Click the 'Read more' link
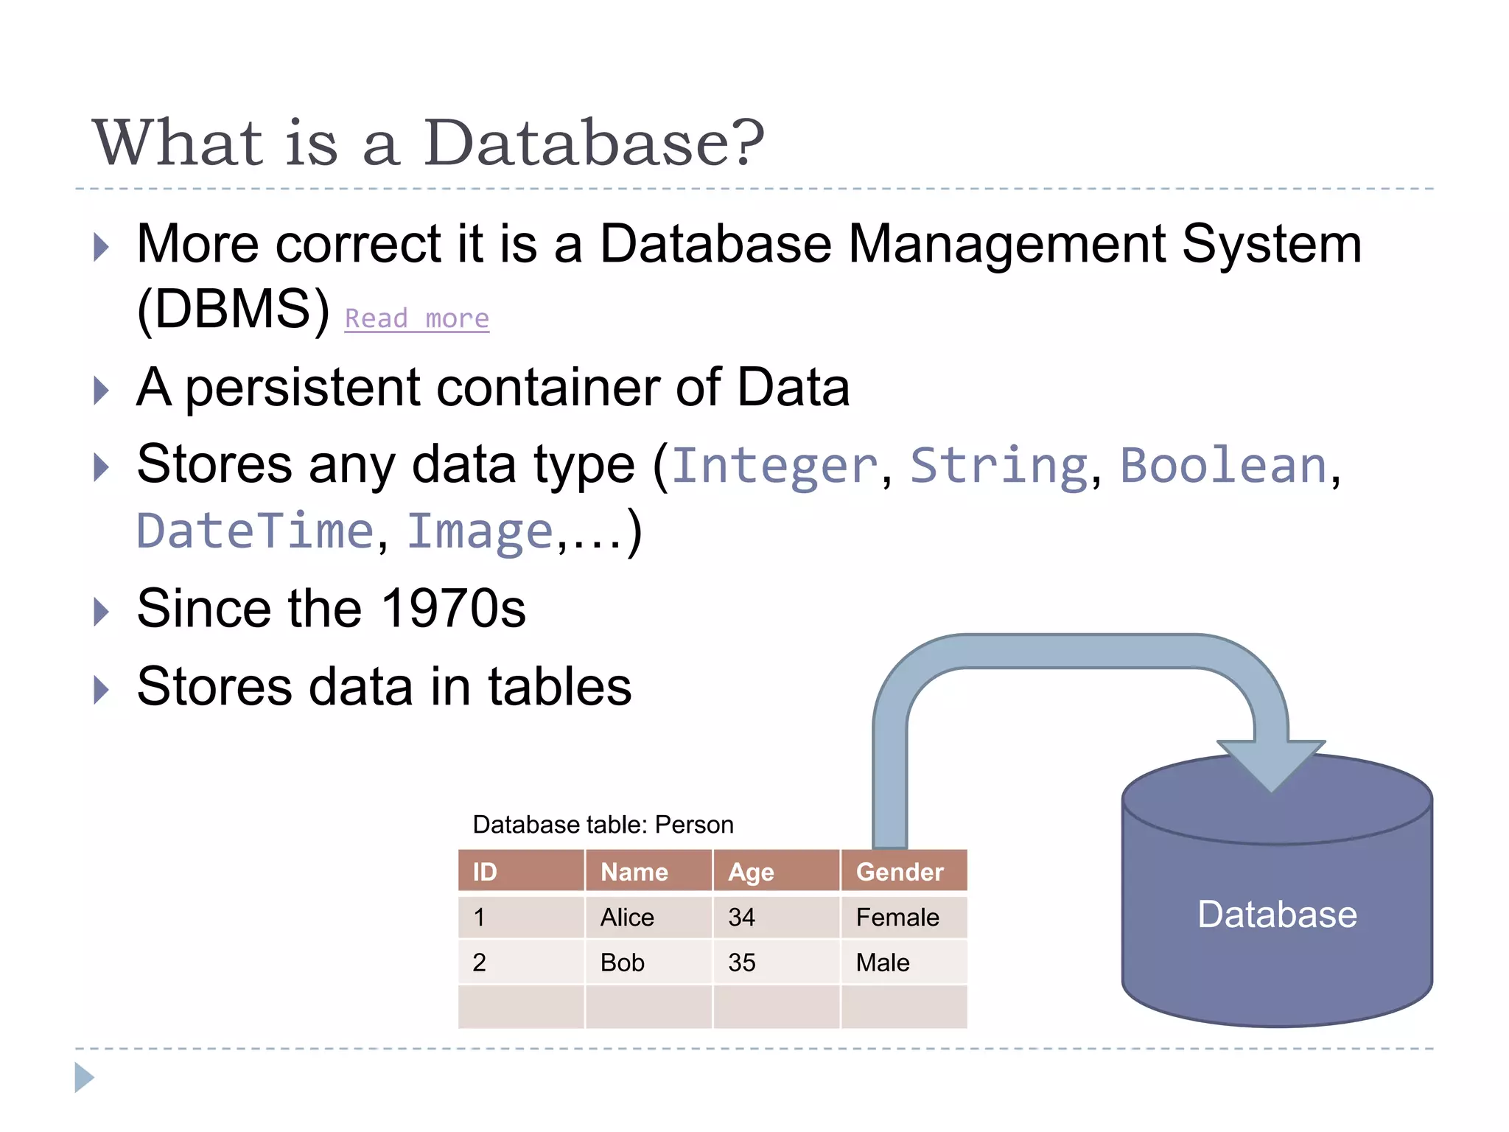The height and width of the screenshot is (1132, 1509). (417, 318)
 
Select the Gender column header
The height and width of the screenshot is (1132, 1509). (900, 872)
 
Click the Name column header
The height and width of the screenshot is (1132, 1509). (634, 872)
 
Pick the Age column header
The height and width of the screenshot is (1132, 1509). (751, 873)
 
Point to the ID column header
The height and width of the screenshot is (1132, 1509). (485, 872)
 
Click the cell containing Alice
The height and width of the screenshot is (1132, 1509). (627, 918)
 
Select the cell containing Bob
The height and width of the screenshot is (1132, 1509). (623, 962)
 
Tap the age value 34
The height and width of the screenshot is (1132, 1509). (741, 918)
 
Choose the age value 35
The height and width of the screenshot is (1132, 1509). (741, 962)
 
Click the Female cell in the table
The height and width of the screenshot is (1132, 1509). (897, 918)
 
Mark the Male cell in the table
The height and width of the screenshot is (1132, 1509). (883, 962)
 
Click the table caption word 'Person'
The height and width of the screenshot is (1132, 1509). (694, 825)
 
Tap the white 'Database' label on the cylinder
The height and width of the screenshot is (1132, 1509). (1277, 915)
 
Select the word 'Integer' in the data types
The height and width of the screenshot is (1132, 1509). (774, 465)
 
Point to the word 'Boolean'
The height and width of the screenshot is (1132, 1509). (1223, 465)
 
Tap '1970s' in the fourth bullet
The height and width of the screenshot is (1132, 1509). (453, 609)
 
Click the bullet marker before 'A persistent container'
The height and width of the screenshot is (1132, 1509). (102, 390)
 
